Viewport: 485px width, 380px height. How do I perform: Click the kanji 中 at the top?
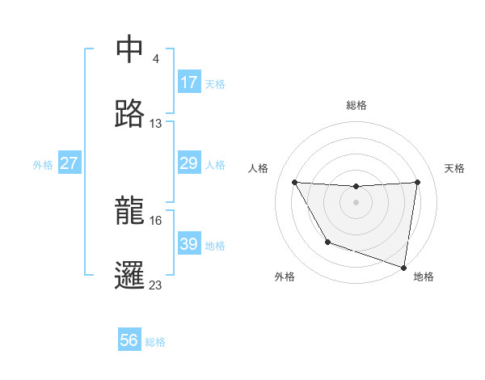pyautogui.click(x=129, y=49)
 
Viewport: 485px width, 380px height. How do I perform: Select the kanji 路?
pyautogui.click(x=129, y=114)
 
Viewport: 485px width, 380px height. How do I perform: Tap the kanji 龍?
pyautogui.click(x=129, y=211)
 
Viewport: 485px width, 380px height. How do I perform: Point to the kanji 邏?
pyautogui.click(x=129, y=276)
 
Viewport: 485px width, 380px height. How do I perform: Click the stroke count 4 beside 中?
pyautogui.click(x=156, y=59)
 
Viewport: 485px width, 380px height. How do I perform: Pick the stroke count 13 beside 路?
pyautogui.click(x=156, y=124)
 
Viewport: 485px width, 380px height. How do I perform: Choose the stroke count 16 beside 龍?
pyautogui.click(x=156, y=220)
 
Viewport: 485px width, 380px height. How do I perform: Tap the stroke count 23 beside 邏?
pyautogui.click(x=156, y=285)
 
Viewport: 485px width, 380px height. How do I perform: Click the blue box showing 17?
pyautogui.click(x=189, y=82)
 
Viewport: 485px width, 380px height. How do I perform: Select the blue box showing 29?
pyautogui.click(x=189, y=163)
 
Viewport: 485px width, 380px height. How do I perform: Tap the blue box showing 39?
pyautogui.click(x=189, y=244)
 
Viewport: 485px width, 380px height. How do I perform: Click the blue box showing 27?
pyautogui.click(x=70, y=163)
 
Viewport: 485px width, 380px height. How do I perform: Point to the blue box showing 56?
pyautogui.click(x=129, y=340)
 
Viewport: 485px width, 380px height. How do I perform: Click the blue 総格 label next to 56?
pyautogui.click(x=155, y=342)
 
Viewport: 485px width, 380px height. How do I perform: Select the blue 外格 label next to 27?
pyautogui.click(x=43, y=165)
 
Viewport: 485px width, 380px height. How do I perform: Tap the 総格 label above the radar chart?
pyautogui.click(x=356, y=105)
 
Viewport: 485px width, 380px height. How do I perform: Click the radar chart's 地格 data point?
pyautogui.click(x=403, y=265)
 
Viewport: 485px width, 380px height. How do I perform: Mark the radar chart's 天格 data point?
pyautogui.click(x=417, y=182)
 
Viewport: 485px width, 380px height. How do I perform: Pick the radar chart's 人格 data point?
pyautogui.click(x=294, y=182)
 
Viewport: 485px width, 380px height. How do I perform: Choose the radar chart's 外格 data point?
pyautogui.click(x=327, y=242)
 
